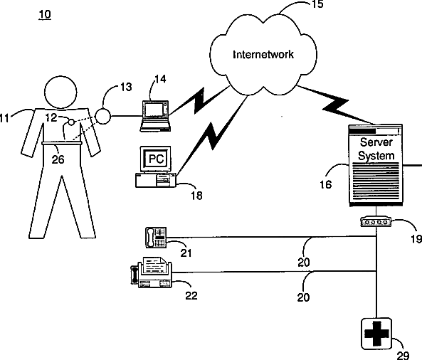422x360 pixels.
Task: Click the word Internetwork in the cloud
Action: [263, 54]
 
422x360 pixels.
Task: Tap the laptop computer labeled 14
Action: [155, 116]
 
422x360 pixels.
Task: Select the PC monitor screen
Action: [156, 159]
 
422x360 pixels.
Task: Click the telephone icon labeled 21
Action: [156, 238]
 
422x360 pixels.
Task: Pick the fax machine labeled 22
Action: [152, 272]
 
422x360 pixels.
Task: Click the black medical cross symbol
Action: [376, 334]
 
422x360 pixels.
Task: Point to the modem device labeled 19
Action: [376, 222]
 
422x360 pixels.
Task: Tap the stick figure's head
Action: [60, 92]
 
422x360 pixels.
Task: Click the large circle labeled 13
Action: [102, 116]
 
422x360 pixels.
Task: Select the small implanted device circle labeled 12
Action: [71, 122]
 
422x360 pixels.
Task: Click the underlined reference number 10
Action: [45, 14]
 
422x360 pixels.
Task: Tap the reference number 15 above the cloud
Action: [317, 4]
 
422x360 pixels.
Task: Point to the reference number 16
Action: [326, 184]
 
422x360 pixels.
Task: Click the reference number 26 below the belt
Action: [58, 159]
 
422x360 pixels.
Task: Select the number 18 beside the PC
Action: [196, 196]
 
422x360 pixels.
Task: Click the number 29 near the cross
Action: [403, 356]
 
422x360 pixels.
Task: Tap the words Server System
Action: [376, 149]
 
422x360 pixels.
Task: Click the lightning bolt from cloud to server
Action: [336, 105]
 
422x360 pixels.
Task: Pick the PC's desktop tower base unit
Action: [156, 180]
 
